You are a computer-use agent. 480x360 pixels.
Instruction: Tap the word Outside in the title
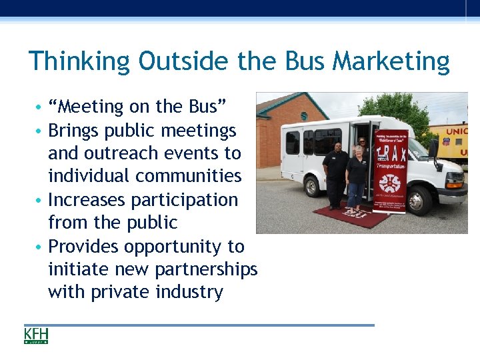click(181, 61)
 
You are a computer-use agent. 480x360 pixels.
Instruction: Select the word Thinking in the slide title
click(79, 61)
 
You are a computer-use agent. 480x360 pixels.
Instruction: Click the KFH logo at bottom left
click(36, 335)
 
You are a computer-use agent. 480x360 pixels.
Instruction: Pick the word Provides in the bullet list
click(85, 246)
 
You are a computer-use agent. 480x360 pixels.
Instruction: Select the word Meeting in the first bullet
click(87, 107)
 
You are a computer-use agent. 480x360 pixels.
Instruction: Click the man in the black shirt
click(335, 173)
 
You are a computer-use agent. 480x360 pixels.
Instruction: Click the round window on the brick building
click(304, 116)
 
